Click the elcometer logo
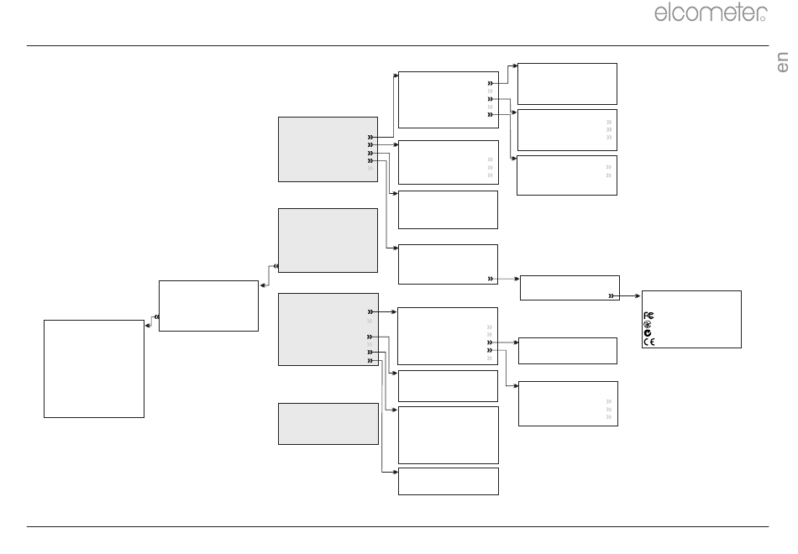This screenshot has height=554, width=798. click(x=711, y=13)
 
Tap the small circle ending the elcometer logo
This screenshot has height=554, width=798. click(x=763, y=18)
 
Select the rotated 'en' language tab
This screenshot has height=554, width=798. click(x=782, y=62)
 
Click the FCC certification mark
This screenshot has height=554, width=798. click(x=648, y=316)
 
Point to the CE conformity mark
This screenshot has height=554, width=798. click(x=648, y=342)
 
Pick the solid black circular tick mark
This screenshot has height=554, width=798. click(x=648, y=332)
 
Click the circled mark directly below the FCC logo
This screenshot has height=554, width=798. click(x=648, y=324)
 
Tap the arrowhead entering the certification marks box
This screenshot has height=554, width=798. click(x=638, y=296)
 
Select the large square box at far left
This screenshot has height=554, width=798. click(x=94, y=368)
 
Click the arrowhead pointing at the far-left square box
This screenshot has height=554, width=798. click(x=148, y=326)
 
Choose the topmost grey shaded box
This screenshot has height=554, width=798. click(x=328, y=149)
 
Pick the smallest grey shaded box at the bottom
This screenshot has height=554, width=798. click(x=328, y=424)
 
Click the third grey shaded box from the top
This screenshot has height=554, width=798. click(x=328, y=329)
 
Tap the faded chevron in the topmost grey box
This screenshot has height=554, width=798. click(x=370, y=169)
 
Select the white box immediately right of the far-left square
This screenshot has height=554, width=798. click(x=208, y=306)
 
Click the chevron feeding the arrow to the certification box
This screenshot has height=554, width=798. click(x=612, y=296)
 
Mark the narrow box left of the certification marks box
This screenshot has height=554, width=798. click(x=570, y=288)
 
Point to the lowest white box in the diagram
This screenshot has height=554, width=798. click(x=449, y=481)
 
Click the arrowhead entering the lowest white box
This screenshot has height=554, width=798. click(x=395, y=473)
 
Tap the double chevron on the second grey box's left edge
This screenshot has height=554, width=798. click(x=276, y=266)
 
